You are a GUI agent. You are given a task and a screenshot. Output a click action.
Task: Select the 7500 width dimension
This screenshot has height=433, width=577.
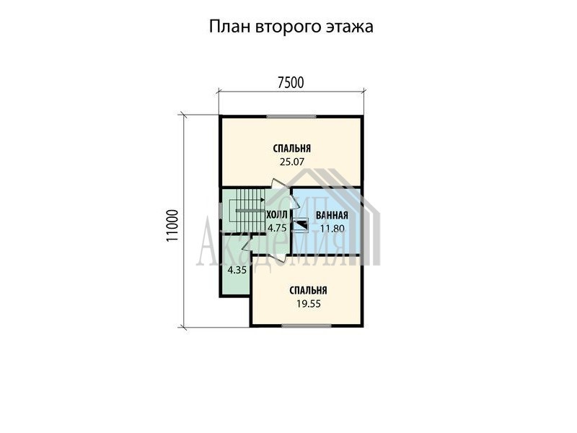coord(291,83)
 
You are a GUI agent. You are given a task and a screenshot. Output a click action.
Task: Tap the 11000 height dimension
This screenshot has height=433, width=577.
coord(172,226)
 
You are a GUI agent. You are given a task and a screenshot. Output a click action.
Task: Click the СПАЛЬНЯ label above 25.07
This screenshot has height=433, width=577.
coord(292,149)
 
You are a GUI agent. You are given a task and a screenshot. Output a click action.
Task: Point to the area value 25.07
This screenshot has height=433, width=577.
coord(292,162)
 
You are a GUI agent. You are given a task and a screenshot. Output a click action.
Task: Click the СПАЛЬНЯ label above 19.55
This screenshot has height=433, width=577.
coord(309,291)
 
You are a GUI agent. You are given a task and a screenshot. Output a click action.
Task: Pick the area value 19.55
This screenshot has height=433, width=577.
coord(309,304)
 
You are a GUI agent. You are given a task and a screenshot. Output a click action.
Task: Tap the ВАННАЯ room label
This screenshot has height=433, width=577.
coord(332,215)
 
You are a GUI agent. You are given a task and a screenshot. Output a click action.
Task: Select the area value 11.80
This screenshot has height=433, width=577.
coord(332,228)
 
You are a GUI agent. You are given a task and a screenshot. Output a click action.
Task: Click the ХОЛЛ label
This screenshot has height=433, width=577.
coord(277,215)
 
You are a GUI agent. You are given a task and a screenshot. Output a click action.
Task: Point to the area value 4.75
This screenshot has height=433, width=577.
coord(277,228)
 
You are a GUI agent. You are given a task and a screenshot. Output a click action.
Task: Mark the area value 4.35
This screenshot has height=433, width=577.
coord(237,270)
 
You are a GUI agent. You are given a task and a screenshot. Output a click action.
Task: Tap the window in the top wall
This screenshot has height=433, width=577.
coord(292,117)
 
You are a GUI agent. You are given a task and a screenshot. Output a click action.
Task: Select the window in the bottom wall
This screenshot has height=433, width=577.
coord(307,325)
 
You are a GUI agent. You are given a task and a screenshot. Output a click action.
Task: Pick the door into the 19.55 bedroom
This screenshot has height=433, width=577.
coord(278,255)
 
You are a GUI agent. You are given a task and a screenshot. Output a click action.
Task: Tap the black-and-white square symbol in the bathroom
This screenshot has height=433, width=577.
coord(300,224)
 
